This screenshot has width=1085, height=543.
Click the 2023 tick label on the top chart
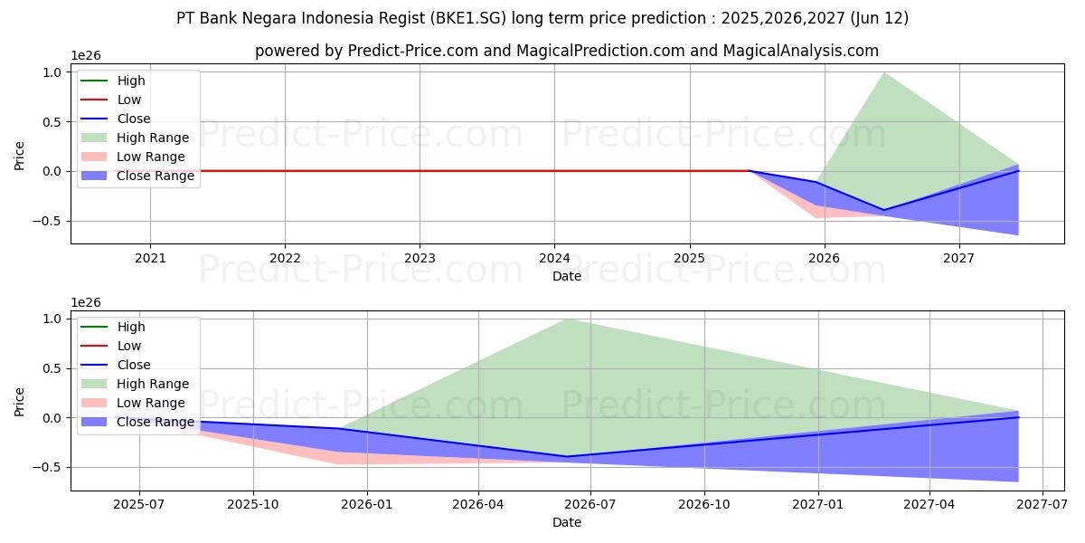[420, 258]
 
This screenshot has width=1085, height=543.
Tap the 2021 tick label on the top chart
[150, 258]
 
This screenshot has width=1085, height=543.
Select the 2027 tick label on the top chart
[958, 258]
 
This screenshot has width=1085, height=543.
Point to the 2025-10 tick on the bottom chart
[253, 504]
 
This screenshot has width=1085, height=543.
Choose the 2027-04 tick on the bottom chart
[930, 504]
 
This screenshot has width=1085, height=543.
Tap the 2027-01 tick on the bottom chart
[818, 504]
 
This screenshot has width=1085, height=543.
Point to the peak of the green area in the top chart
[883, 72]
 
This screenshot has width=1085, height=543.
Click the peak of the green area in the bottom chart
[567, 319]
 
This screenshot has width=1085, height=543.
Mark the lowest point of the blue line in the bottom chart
[567, 456]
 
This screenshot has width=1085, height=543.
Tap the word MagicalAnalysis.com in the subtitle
[800, 51]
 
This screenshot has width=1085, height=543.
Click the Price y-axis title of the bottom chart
[19, 402]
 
